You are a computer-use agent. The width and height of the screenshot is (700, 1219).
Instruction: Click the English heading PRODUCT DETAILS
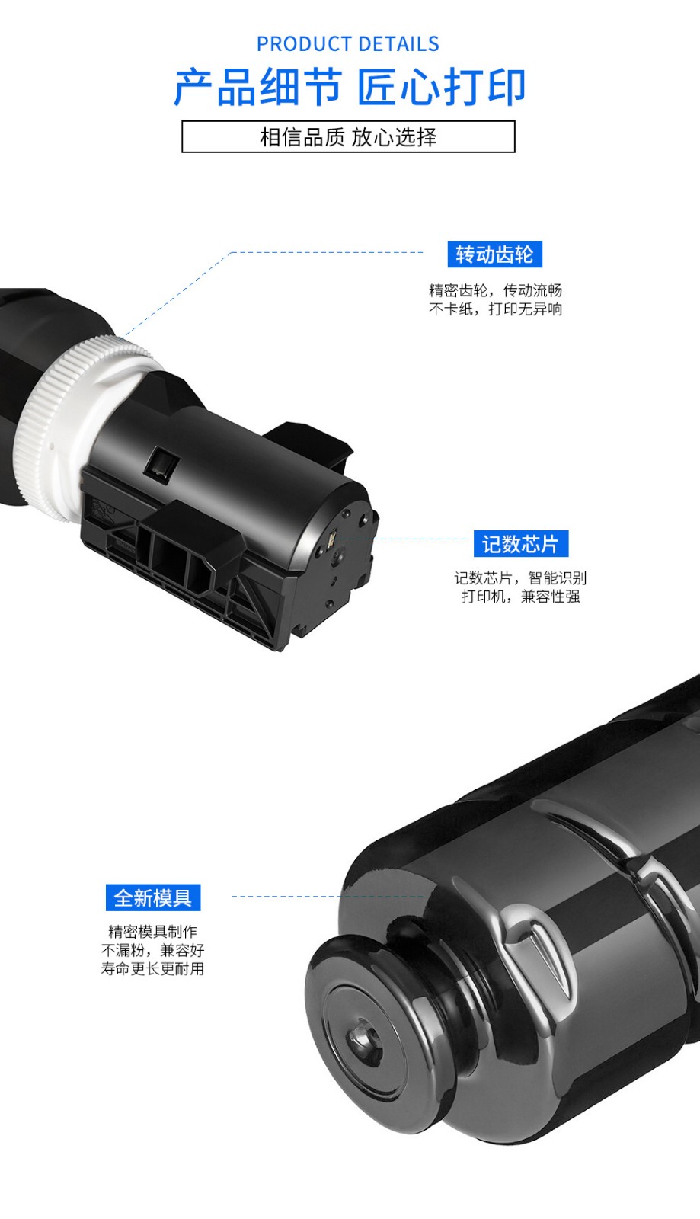click(347, 44)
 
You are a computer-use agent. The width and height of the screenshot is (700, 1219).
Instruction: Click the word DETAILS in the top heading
click(398, 44)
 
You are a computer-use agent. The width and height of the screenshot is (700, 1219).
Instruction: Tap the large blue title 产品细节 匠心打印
click(349, 87)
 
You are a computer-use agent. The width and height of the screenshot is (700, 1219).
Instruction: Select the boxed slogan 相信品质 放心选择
click(348, 137)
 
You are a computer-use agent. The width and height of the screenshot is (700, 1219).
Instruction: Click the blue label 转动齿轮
click(495, 254)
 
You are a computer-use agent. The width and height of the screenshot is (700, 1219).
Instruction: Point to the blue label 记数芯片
click(521, 544)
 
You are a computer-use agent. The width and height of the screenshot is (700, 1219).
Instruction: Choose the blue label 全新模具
click(153, 897)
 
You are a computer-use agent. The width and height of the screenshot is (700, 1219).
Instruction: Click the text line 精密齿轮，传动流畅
click(495, 290)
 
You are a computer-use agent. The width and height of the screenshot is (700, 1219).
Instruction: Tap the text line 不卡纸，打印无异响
click(495, 309)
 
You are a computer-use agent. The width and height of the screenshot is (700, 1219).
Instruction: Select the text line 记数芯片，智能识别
click(520, 578)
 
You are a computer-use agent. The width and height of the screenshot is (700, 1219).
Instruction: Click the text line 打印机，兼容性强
click(520, 597)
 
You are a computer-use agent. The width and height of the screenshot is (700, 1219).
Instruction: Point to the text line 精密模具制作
click(153, 932)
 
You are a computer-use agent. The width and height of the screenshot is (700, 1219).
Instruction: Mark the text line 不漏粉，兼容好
click(153, 950)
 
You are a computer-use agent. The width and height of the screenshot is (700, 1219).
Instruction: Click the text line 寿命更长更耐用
click(153, 968)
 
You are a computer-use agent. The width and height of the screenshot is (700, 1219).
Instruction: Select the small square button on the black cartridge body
click(161, 463)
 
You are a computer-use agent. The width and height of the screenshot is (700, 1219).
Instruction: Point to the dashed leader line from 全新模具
click(328, 896)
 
